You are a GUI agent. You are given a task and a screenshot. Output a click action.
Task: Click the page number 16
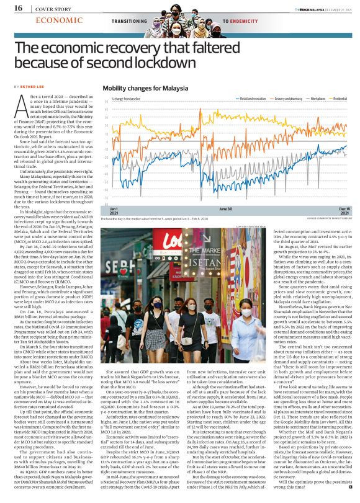[19, 7]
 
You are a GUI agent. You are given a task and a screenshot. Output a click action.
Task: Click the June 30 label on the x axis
[226, 210]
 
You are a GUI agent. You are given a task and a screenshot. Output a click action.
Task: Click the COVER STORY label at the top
[50, 7]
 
